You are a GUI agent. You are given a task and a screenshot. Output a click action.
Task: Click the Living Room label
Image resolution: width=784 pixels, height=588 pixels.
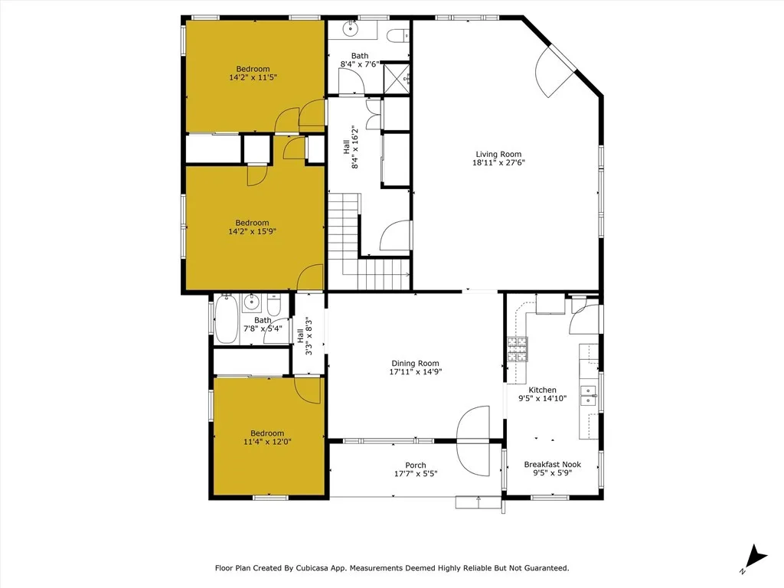click(x=498, y=155)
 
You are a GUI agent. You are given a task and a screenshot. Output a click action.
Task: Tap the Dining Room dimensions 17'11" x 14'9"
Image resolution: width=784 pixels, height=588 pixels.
click(x=415, y=372)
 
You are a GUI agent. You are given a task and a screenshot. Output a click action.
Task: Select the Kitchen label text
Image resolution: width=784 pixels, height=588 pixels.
click(x=542, y=390)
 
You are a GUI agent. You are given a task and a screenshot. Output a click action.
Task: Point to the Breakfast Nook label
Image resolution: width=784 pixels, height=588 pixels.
click(x=552, y=465)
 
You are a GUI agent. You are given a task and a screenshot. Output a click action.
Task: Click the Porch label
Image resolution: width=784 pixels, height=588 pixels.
click(x=416, y=465)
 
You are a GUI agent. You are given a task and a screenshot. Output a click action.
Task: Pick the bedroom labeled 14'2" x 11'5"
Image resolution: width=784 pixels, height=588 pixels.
click(x=253, y=73)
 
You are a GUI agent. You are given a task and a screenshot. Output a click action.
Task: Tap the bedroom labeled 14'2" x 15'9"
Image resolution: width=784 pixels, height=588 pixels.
click(x=252, y=227)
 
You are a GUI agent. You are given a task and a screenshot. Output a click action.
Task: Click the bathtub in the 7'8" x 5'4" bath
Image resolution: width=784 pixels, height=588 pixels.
click(x=227, y=318)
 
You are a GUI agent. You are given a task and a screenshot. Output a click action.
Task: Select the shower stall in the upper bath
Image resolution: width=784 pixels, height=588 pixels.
click(x=397, y=77)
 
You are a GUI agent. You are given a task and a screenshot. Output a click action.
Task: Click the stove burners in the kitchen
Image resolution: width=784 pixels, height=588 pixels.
click(x=518, y=349)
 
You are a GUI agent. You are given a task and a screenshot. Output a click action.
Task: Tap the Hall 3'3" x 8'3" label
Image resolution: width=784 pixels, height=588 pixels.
click(x=305, y=337)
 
